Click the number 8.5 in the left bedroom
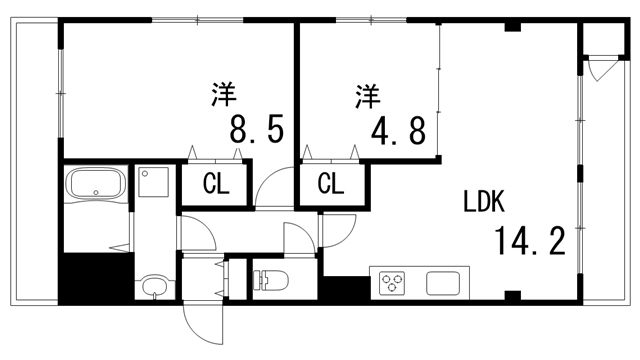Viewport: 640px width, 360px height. pyautogui.click(x=257, y=130)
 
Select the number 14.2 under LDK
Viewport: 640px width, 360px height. pyautogui.click(x=529, y=241)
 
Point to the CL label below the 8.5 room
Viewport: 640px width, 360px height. pyautogui.click(x=213, y=185)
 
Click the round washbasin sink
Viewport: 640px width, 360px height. pyautogui.click(x=153, y=288)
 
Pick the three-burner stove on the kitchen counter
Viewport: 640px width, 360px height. pyautogui.click(x=391, y=282)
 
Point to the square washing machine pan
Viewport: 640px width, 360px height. pyautogui.click(x=154, y=182)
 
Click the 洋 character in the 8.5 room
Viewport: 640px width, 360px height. pyautogui.click(x=224, y=96)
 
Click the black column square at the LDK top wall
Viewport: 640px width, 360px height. pyautogui.click(x=512, y=25)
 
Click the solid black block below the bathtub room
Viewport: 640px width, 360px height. pyautogui.click(x=95, y=277)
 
